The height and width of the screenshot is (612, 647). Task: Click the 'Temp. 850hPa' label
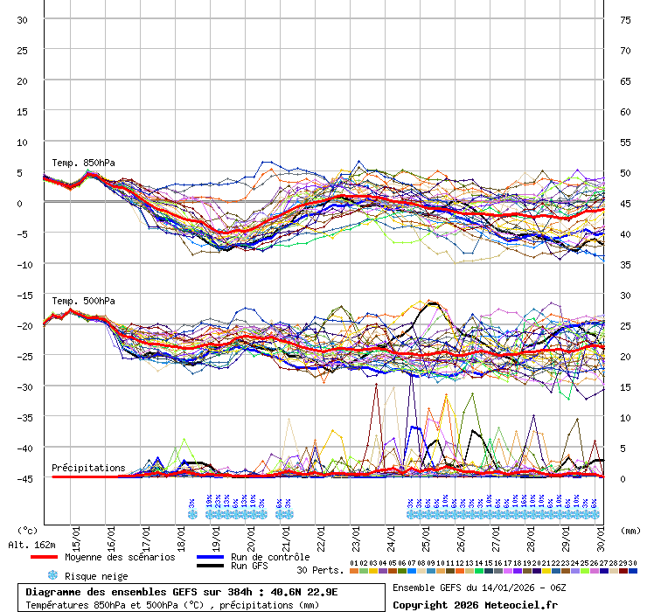(83, 163)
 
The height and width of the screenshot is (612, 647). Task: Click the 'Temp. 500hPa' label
(83, 302)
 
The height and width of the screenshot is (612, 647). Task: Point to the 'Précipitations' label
(88, 468)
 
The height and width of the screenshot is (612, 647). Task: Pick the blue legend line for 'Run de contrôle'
(210, 557)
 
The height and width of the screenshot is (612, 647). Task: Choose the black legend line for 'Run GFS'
(210, 567)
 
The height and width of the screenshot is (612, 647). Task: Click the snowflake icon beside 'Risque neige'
(52, 576)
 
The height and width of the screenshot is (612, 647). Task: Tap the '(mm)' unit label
(629, 530)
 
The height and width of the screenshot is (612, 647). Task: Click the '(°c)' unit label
(28, 530)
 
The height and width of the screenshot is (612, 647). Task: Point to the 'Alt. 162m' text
(31, 545)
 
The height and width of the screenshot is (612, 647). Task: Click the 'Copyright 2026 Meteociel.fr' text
(463, 604)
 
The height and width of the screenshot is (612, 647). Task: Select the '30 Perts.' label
(321, 570)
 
